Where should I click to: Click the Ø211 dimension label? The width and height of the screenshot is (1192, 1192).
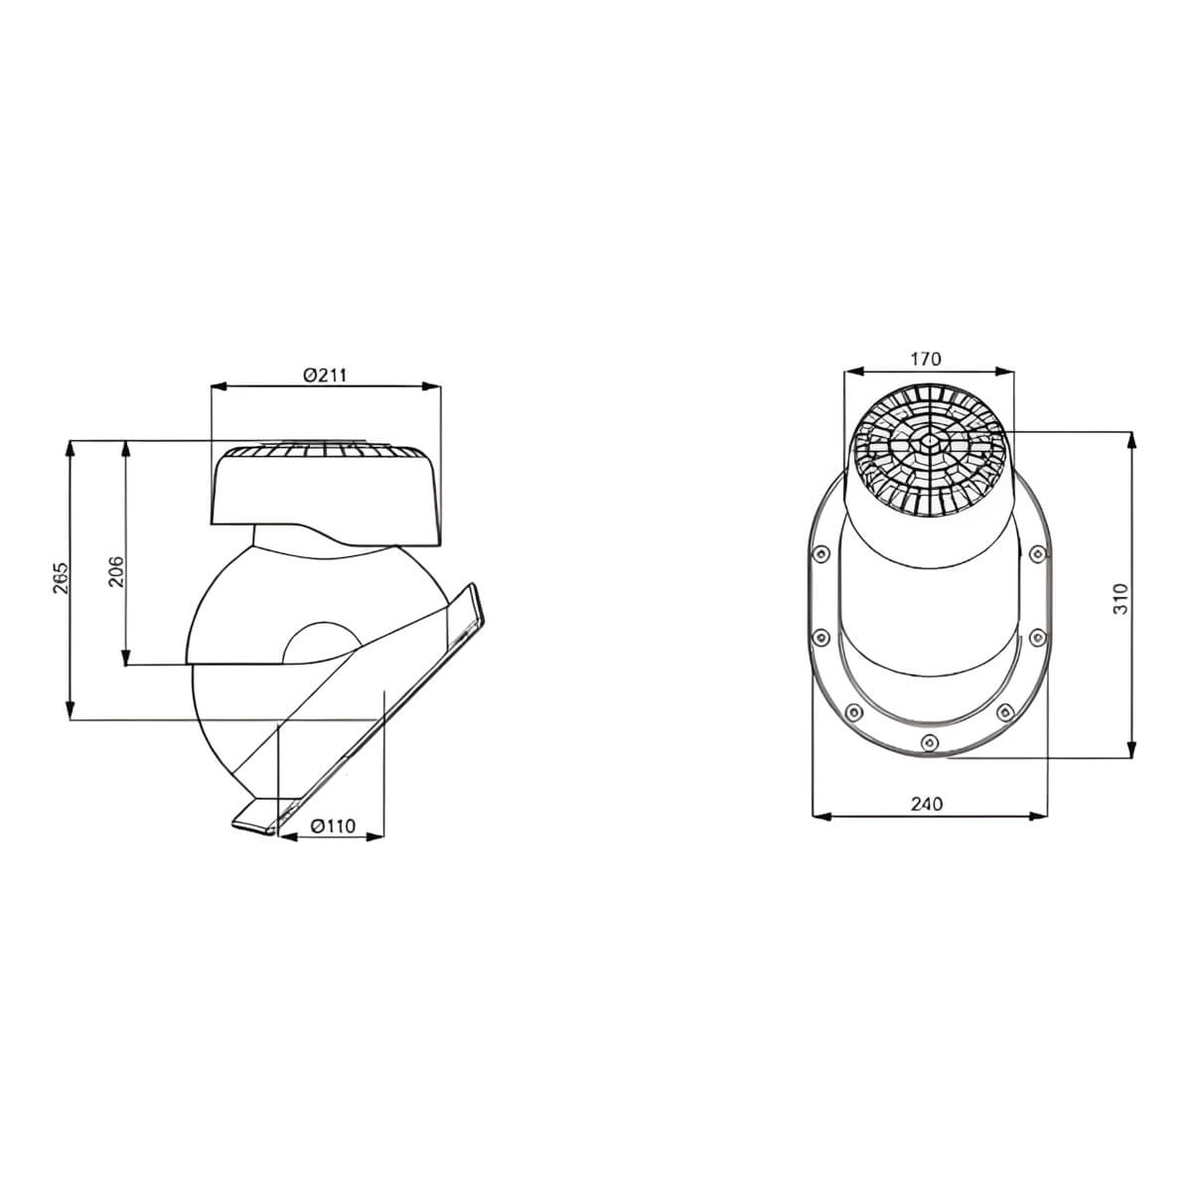coord(325,374)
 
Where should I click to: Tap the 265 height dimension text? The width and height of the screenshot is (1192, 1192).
coord(62,578)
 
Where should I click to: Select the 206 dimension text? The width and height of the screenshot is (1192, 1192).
coord(116,571)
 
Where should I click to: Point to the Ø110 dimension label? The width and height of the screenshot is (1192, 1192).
coord(333,825)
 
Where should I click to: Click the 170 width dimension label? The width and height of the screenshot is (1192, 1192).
coord(926,359)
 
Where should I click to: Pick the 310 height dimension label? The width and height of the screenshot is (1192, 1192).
coord(1120,598)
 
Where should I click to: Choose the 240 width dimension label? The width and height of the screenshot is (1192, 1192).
coord(927,804)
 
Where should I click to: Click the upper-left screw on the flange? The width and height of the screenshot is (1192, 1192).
coord(820,553)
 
